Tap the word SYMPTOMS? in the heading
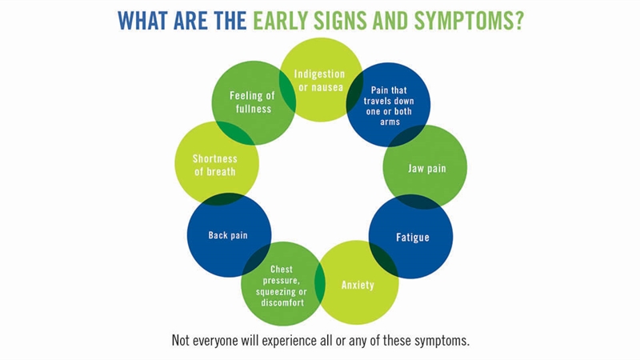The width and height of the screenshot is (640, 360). (469, 21)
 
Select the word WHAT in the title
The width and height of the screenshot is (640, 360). (143, 21)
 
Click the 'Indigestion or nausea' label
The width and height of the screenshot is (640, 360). (319, 81)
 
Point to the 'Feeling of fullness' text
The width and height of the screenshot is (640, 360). (252, 102)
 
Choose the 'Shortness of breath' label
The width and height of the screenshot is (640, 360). (215, 165)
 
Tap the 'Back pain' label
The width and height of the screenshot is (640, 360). (228, 235)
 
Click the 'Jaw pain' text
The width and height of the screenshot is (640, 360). (427, 168)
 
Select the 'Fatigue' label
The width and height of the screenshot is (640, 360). (413, 237)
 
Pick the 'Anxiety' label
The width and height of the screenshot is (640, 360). (358, 285)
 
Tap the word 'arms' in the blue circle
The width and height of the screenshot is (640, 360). (390, 122)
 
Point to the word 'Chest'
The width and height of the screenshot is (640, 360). (282, 270)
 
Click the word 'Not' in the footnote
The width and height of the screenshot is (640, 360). (181, 340)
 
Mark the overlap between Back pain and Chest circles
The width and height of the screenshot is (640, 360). (257, 259)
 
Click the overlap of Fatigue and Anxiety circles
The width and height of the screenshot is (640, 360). (383, 258)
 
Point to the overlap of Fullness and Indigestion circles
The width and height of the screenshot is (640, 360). (287, 90)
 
